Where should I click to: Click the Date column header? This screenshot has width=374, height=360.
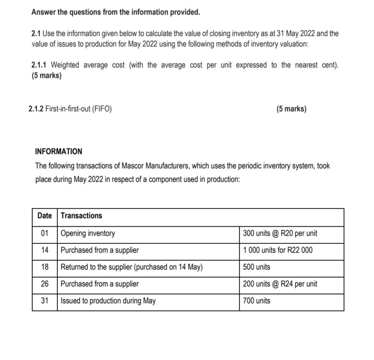pyautogui.click(x=45, y=216)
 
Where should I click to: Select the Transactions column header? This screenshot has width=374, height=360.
pyautogui.click(x=81, y=216)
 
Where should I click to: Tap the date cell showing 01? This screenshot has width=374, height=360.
pyautogui.click(x=45, y=233)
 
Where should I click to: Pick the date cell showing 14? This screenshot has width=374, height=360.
pyautogui.click(x=45, y=250)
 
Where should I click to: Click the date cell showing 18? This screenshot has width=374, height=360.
pyautogui.click(x=45, y=267)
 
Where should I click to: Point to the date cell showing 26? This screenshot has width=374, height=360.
pyautogui.click(x=45, y=284)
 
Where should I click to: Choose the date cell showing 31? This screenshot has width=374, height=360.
pyautogui.click(x=45, y=301)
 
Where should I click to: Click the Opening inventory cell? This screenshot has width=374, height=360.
pyautogui.click(x=88, y=233)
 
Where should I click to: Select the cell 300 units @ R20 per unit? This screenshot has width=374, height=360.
pyautogui.click(x=280, y=233)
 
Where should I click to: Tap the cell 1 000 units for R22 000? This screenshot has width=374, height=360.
pyautogui.click(x=277, y=250)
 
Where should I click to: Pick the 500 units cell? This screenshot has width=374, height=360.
pyautogui.click(x=256, y=267)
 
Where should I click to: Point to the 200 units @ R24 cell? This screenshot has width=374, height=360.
pyautogui.click(x=280, y=284)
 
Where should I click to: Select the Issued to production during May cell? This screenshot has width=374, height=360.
pyautogui.click(x=108, y=301)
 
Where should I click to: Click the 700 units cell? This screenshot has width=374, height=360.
pyautogui.click(x=256, y=301)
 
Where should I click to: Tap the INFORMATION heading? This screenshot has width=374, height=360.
pyautogui.click(x=58, y=152)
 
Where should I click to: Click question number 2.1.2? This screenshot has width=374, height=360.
pyautogui.click(x=36, y=109)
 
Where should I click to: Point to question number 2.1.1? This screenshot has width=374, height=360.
pyautogui.click(x=40, y=65)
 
